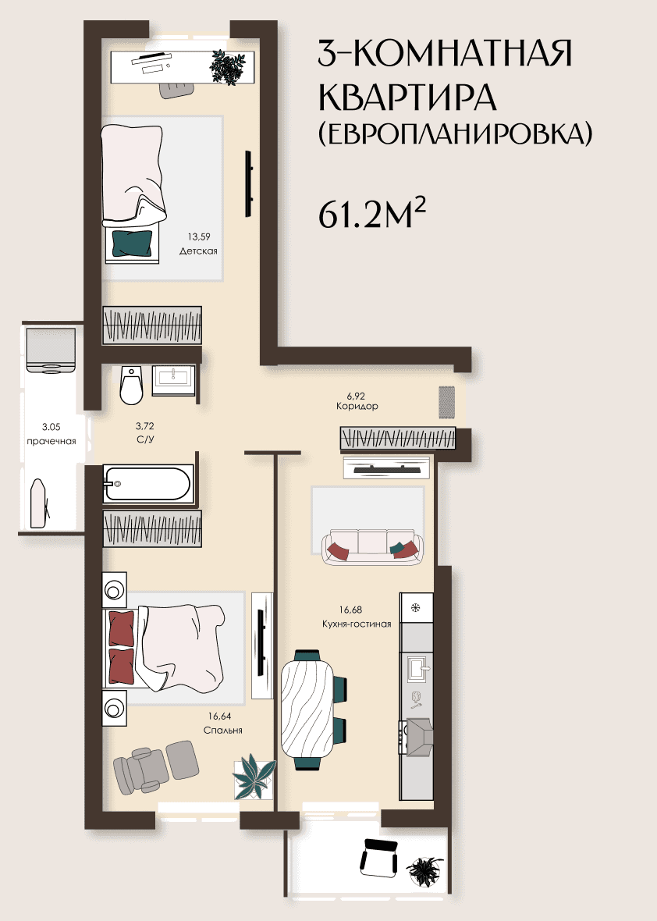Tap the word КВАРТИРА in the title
point(407,98)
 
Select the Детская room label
point(198,251)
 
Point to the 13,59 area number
point(198,236)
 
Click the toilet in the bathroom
point(131,386)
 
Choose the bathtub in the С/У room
point(148,484)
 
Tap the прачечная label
point(51,442)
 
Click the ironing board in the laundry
point(40,503)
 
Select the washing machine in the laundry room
point(51,350)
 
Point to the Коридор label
point(357,406)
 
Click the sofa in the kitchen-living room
point(372,547)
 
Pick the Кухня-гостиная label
point(357,624)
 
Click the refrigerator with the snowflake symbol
point(417,608)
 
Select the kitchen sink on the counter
point(419,668)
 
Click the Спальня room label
point(222,730)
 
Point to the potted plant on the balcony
point(424,870)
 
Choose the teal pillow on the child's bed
point(132,244)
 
